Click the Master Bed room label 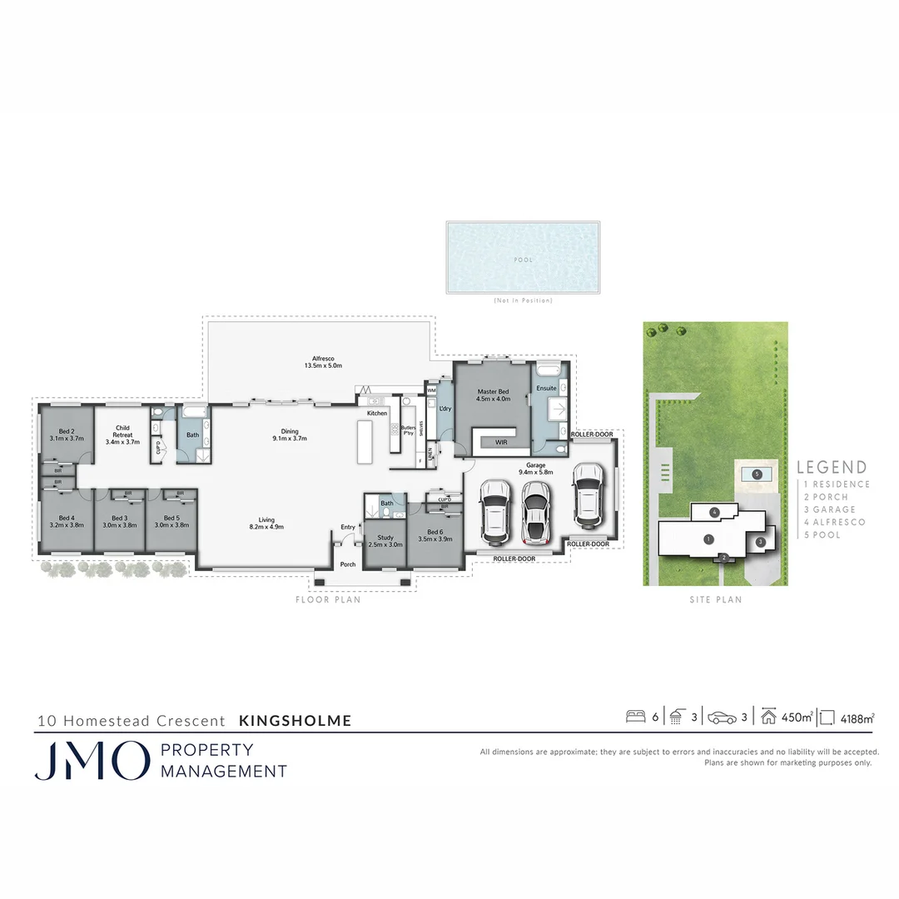tap(493, 395)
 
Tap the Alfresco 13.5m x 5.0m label tap(323, 362)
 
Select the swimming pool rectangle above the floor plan tap(524, 256)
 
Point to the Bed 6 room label tap(435, 535)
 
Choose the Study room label tap(385, 540)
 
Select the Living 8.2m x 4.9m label tap(266, 522)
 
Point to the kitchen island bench tap(364, 441)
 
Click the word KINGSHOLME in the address tap(296, 721)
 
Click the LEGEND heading tap(832, 468)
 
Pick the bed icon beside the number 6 tap(636, 716)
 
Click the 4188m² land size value tap(857, 717)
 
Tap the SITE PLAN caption tap(716, 599)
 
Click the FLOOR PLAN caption tap(329, 599)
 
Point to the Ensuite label tap(547, 388)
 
